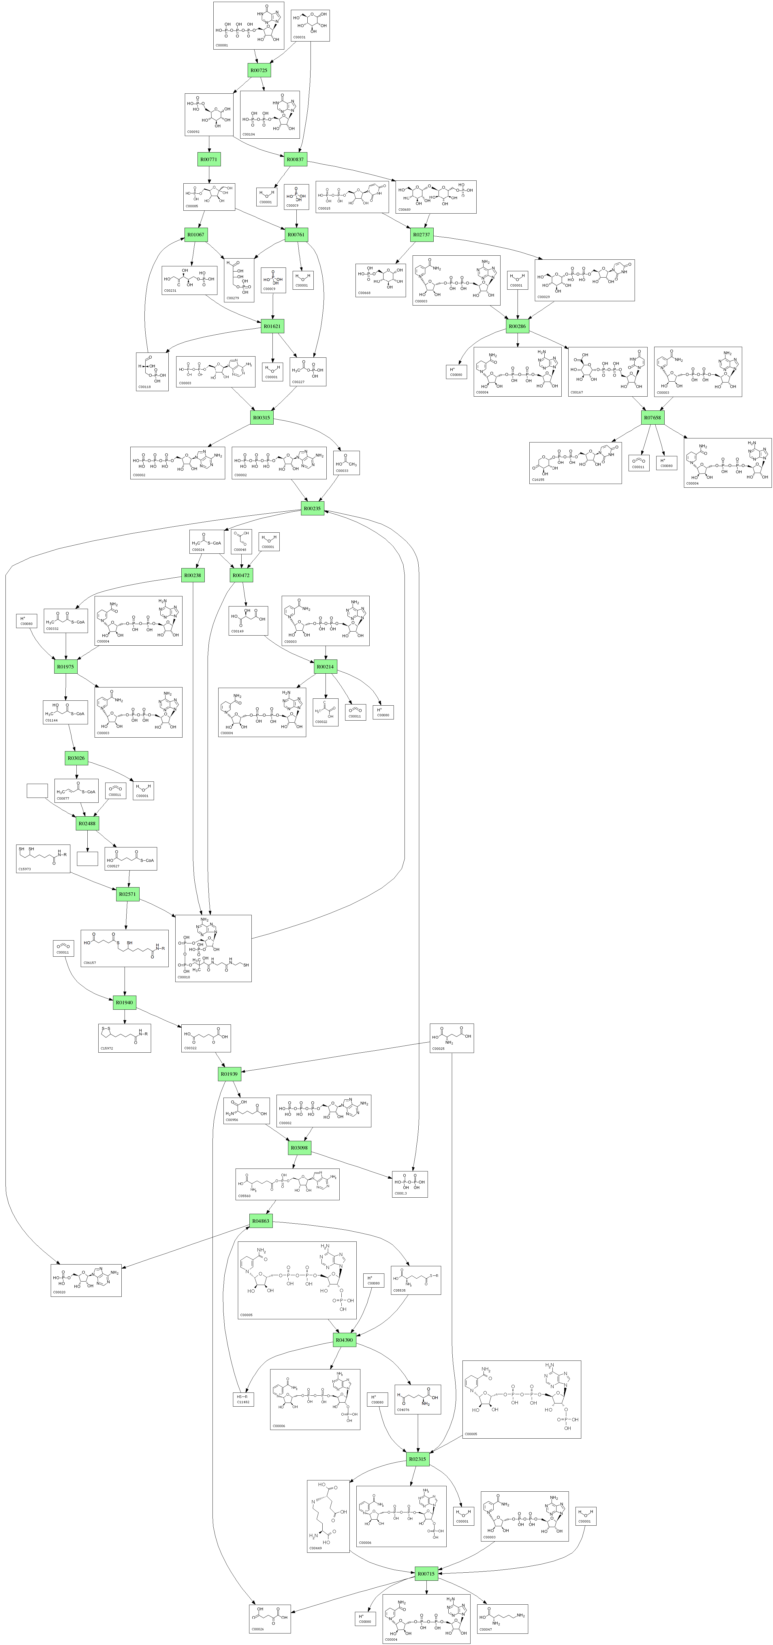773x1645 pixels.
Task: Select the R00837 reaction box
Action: (295, 159)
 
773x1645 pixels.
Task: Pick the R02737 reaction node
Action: (422, 235)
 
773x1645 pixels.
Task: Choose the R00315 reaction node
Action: (261, 418)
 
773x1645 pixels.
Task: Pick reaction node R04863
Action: (261, 1221)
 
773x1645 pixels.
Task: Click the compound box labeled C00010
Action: (213, 948)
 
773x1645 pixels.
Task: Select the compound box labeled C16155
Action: (575, 462)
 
